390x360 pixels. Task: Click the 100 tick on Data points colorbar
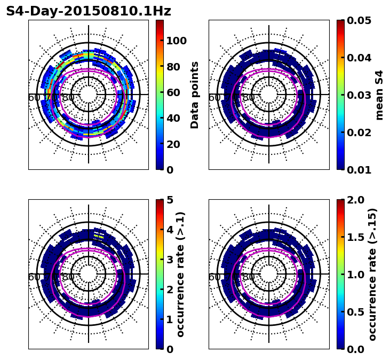pyautogui.click(x=176, y=41)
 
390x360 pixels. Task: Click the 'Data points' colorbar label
pyautogui.click(x=195, y=95)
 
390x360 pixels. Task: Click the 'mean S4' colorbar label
pyautogui.click(x=379, y=95)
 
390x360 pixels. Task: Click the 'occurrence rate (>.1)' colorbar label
pyautogui.click(x=181, y=274)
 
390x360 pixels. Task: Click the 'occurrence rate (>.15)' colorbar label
pyautogui.click(x=372, y=274)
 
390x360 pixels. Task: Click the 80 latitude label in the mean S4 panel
pyautogui.click(x=249, y=98)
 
